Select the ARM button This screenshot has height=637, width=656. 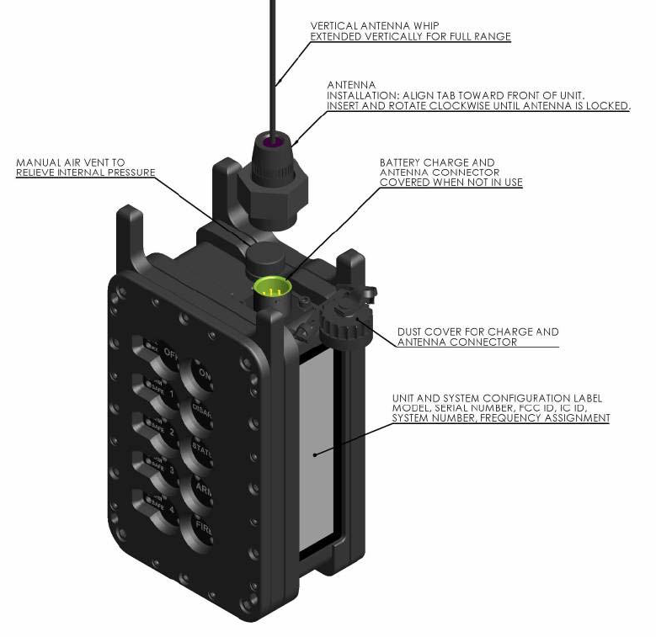pyautogui.click(x=201, y=491)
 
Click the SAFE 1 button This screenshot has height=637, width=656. pyautogui.click(x=157, y=391)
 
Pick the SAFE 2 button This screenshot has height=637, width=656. pyautogui.click(x=157, y=430)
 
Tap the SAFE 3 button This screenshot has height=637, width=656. pyautogui.click(x=157, y=468)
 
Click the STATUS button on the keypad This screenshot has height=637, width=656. pyautogui.click(x=201, y=451)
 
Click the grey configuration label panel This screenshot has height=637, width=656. pyautogui.click(x=315, y=454)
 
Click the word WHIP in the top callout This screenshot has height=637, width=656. pyautogui.click(x=424, y=25)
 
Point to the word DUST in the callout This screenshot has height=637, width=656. pyautogui.click(x=410, y=332)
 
